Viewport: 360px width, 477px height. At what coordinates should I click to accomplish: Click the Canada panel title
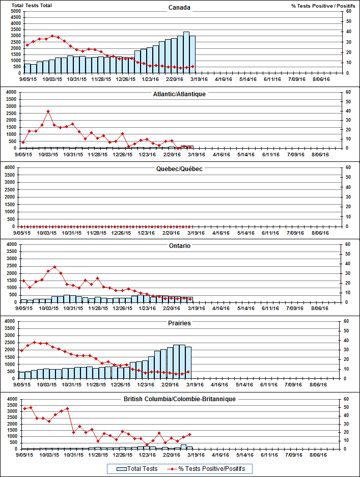(179, 7)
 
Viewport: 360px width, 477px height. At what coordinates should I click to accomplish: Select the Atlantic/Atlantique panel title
(179, 94)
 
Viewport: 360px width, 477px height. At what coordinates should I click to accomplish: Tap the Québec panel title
(179, 169)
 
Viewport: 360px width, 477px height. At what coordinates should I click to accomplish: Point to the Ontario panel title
(179, 246)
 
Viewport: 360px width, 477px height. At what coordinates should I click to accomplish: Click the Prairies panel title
(179, 323)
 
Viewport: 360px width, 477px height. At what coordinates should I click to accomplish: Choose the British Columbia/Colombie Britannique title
(179, 400)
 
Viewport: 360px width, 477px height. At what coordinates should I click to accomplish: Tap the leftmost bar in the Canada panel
(27, 68)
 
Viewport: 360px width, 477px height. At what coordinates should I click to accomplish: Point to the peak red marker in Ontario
(55, 267)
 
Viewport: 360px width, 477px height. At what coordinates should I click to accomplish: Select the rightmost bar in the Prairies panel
(188, 362)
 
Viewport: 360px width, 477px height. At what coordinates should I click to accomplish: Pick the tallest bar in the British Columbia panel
(183, 446)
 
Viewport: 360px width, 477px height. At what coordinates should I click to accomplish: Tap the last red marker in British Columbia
(189, 434)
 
